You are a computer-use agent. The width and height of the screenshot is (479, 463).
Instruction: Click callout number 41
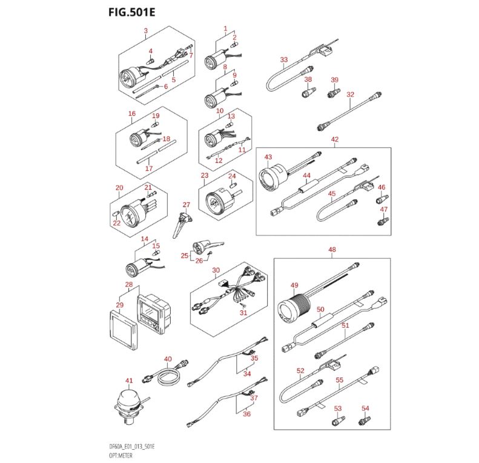pyautogui.click(x=128, y=380)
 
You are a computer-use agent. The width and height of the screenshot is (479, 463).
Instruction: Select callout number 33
pyautogui.click(x=283, y=59)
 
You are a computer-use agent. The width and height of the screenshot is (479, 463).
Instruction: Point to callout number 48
pyautogui.click(x=331, y=249)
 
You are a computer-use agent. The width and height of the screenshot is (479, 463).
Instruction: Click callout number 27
pyautogui.click(x=187, y=205)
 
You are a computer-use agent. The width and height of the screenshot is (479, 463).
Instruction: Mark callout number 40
pyautogui.click(x=168, y=359)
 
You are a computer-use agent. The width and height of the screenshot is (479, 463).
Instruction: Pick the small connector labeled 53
pyautogui.click(x=338, y=420)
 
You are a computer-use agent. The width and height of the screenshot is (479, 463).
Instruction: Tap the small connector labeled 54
pyautogui.click(x=365, y=420)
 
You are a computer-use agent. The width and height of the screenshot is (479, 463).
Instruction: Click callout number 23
pyautogui.click(x=205, y=175)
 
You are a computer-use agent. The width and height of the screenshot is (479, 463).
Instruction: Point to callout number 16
pyautogui.click(x=132, y=113)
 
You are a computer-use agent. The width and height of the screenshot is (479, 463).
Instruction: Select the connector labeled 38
pyautogui.click(x=307, y=92)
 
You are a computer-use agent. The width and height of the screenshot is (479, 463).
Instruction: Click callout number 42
pyautogui.click(x=335, y=140)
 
